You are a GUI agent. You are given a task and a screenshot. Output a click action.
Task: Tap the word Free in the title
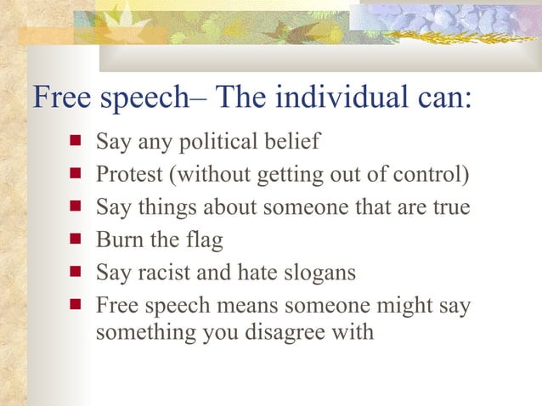61,98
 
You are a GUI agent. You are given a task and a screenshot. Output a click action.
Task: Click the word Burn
118,240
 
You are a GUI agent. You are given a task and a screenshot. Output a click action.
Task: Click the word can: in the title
444,98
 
